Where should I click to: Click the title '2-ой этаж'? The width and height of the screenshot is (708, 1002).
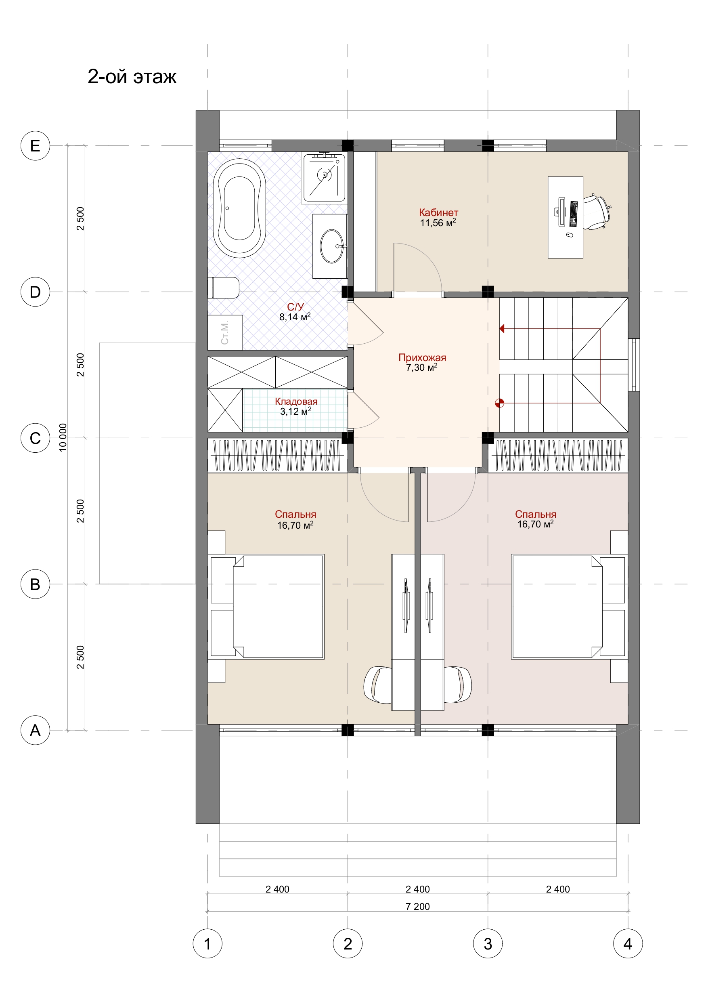point(132,76)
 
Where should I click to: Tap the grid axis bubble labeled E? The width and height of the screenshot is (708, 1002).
point(36,145)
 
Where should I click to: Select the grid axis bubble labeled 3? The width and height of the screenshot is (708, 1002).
point(488,943)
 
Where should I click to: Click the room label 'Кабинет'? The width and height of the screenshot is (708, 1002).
point(438,212)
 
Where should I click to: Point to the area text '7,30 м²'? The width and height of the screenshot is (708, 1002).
point(421,368)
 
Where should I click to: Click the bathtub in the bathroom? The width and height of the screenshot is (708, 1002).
point(239,208)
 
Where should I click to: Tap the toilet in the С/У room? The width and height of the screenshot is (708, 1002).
point(223,288)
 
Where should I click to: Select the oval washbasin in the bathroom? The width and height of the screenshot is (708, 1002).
point(332,246)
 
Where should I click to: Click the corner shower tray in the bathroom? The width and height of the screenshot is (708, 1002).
point(324,178)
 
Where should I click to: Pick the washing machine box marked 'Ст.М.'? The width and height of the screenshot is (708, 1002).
point(225,332)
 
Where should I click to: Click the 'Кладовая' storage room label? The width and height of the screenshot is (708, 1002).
point(296,401)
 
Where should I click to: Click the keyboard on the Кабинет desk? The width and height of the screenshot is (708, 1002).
point(573,214)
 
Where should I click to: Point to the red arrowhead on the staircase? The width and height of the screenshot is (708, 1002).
point(502,329)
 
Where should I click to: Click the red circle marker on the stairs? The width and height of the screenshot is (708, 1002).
point(499,403)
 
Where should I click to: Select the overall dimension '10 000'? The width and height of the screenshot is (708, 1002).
point(63,438)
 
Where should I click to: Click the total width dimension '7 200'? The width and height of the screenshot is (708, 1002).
point(417,906)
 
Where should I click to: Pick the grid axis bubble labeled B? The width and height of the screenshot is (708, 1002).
point(36,584)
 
